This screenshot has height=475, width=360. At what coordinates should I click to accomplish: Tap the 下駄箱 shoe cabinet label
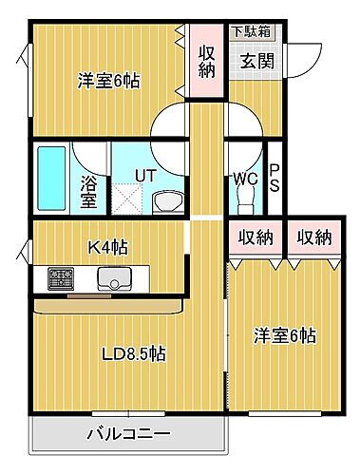click(x=251, y=31)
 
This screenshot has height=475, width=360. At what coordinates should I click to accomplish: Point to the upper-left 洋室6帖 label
click(x=108, y=82)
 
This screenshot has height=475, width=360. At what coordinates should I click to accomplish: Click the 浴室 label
click(x=87, y=190)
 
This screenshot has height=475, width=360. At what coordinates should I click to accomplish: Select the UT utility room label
click(x=144, y=175)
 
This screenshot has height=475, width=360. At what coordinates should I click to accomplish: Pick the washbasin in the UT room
click(x=168, y=200)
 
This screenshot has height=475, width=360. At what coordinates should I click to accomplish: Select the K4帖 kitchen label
click(x=108, y=248)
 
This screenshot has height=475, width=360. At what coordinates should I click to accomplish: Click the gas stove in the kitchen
click(x=63, y=278)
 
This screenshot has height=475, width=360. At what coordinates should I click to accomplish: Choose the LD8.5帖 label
click(x=133, y=353)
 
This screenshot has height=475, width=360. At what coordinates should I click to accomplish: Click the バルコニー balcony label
click(x=129, y=434)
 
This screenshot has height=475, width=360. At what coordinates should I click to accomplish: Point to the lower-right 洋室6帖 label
click(x=285, y=335)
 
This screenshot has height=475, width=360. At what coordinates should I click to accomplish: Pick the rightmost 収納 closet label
click(x=311, y=237)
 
